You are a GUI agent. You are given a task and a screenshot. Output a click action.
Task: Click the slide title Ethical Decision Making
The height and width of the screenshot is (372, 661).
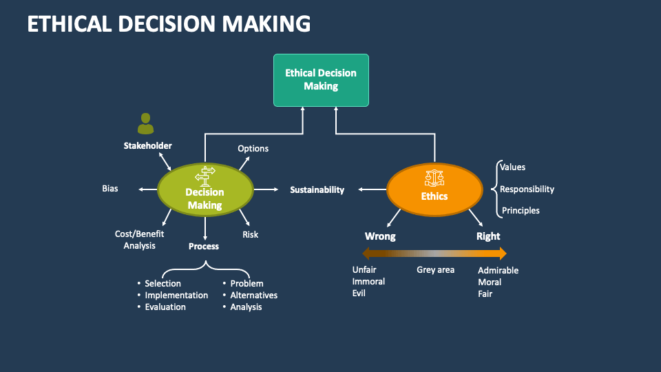click(x=169, y=23)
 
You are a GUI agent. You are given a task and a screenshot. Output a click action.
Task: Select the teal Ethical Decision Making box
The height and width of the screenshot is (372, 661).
click(x=321, y=80)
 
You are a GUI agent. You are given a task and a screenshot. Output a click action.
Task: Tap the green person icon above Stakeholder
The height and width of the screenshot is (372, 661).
click(x=145, y=124)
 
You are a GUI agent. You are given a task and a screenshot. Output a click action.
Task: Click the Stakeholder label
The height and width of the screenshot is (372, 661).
click(x=147, y=145)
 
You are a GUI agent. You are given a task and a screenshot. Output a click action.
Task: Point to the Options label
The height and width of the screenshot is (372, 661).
click(x=253, y=148)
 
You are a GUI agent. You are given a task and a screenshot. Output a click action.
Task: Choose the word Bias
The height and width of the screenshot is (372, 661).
click(x=110, y=189)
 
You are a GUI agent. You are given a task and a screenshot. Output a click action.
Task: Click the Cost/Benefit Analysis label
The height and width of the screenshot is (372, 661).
click(x=139, y=240)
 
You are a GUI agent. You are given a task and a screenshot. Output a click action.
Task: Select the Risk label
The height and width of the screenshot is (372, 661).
click(x=250, y=234)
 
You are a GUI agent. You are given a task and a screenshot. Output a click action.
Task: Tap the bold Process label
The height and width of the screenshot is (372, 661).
click(x=204, y=246)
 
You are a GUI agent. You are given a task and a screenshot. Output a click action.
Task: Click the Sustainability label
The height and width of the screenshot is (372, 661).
click(x=317, y=189)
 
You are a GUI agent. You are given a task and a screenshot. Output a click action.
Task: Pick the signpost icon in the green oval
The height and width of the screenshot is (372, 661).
click(x=205, y=176)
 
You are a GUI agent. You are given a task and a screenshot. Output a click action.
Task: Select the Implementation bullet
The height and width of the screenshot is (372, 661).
click(x=176, y=295)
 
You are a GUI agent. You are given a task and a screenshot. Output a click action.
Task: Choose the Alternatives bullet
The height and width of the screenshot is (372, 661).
click(x=253, y=295)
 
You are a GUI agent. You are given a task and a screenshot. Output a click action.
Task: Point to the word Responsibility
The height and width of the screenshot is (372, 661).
click(x=527, y=189)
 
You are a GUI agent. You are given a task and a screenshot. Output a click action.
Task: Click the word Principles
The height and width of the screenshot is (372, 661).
click(x=520, y=210)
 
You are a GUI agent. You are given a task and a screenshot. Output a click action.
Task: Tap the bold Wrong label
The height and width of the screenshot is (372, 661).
click(x=380, y=236)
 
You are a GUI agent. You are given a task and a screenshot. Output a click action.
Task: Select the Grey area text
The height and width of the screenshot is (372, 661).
click(x=435, y=269)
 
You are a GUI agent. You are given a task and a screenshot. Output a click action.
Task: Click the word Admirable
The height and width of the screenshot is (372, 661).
click(x=498, y=270)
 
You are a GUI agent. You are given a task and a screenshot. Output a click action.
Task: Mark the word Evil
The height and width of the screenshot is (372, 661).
click(x=359, y=293)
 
